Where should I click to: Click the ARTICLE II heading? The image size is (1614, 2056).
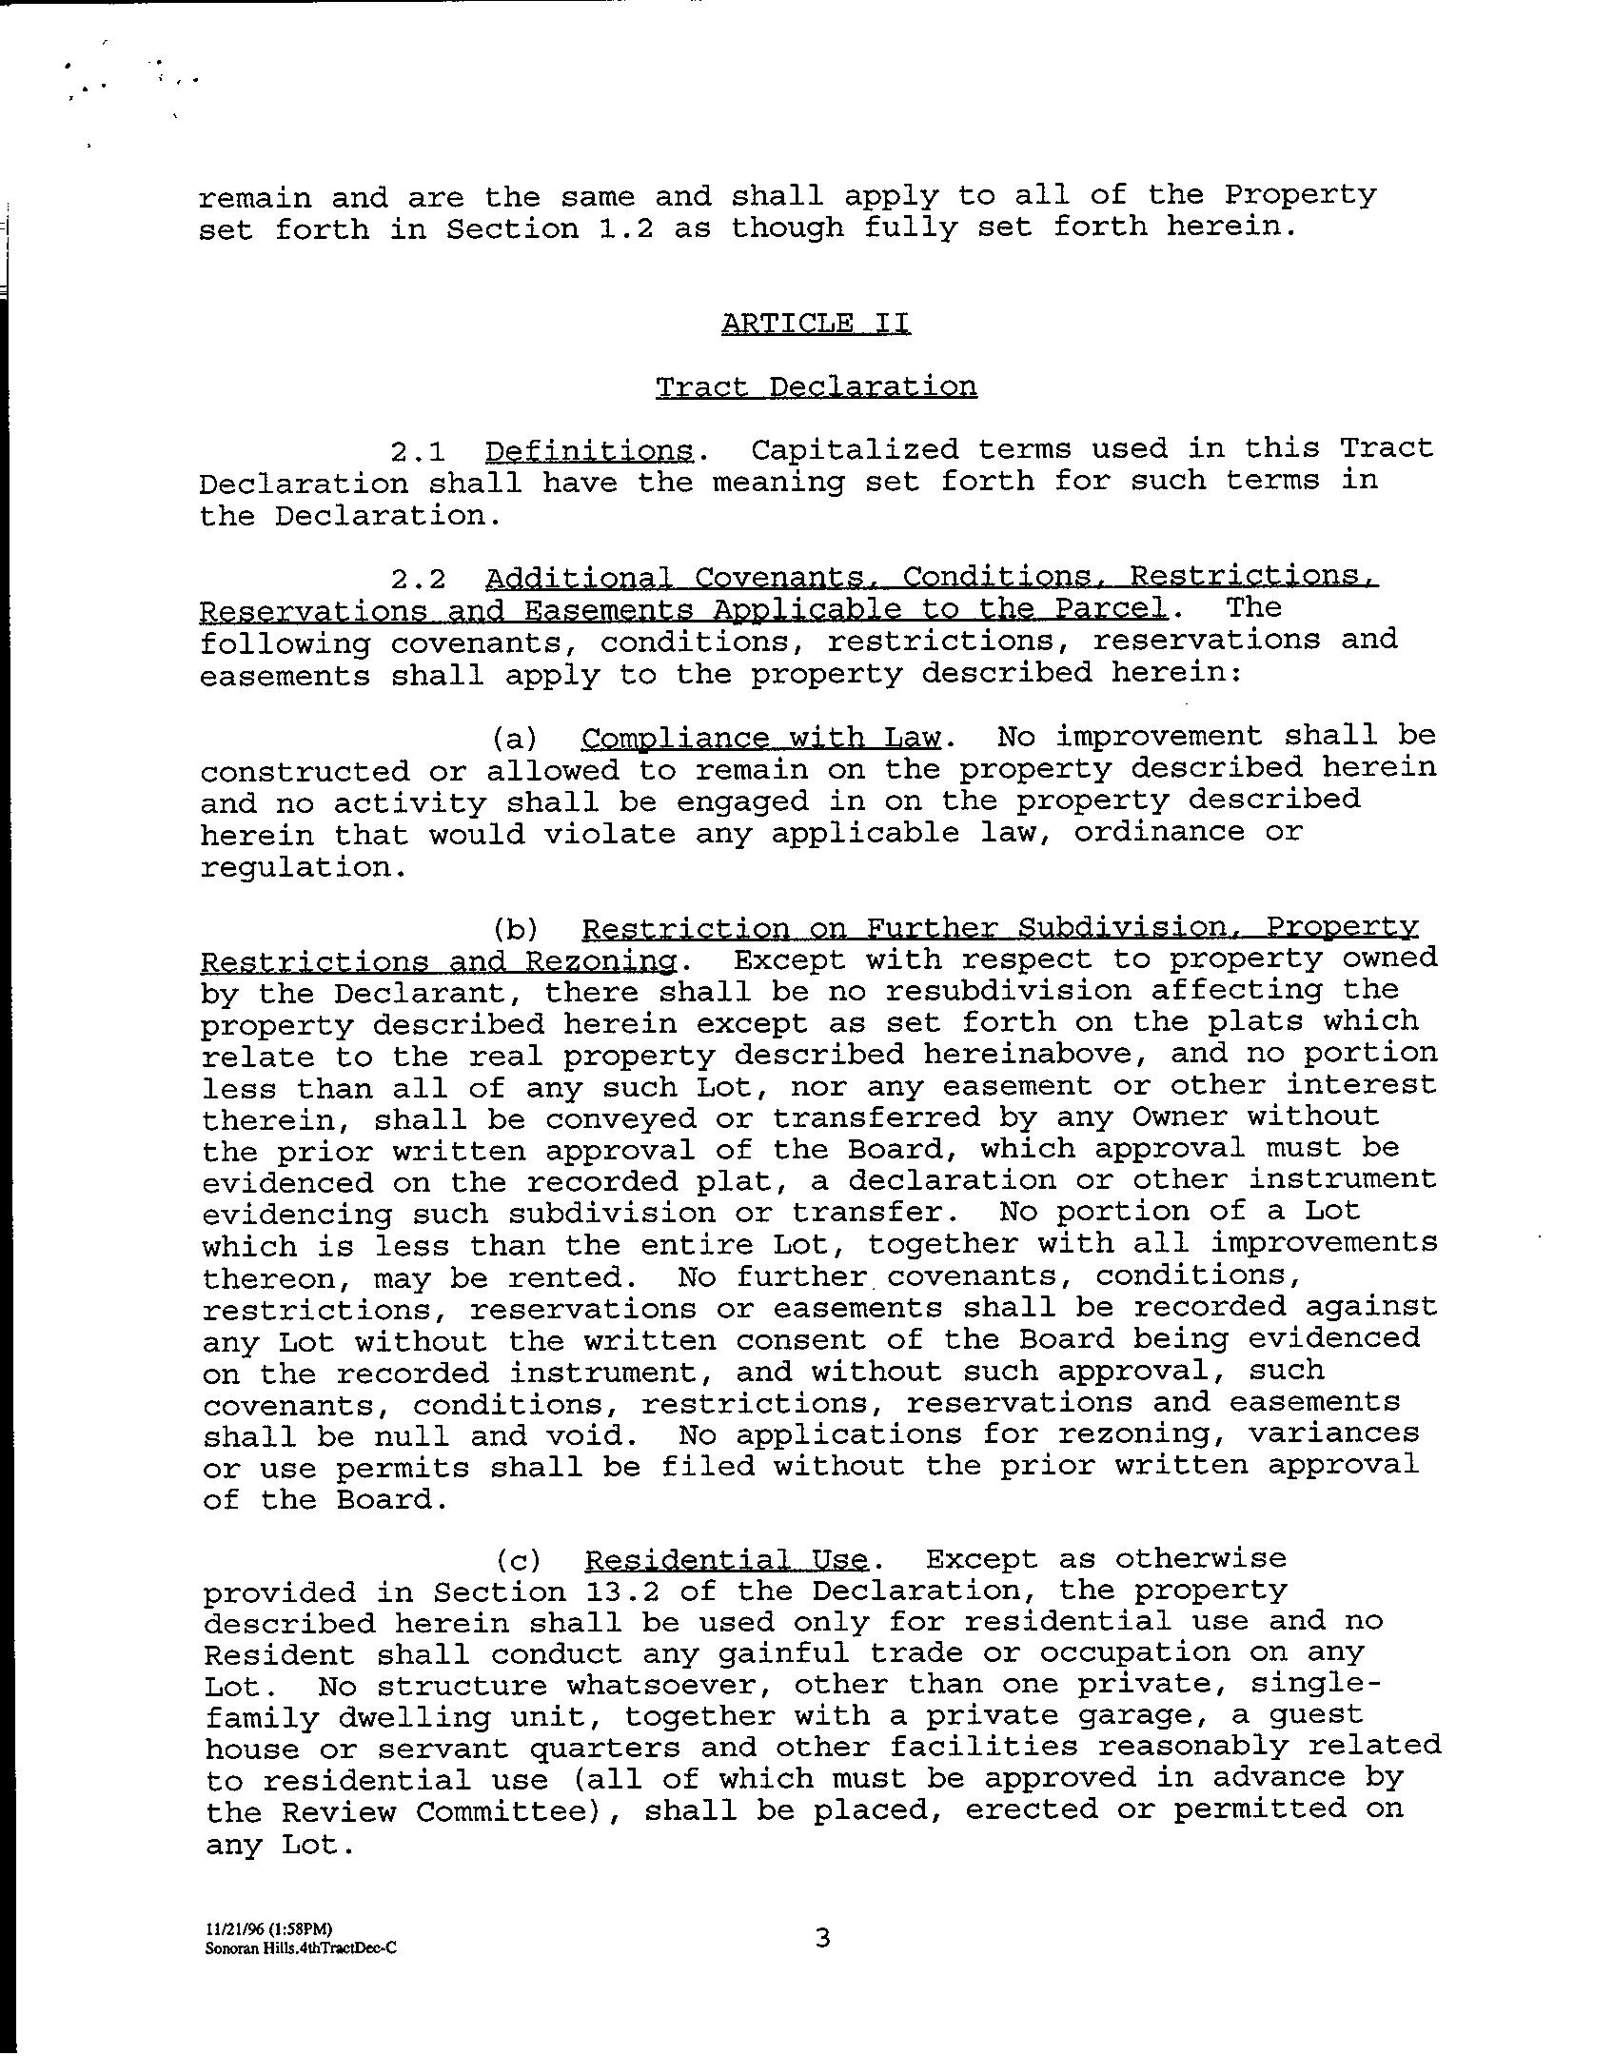point(816,324)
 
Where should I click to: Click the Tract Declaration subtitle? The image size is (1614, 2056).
point(816,387)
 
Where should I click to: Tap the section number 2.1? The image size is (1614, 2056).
point(418,450)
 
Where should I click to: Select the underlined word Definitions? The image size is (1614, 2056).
point(589,450)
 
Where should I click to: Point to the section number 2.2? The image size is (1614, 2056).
point(418,579)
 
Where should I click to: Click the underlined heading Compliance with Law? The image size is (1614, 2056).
point(760,738)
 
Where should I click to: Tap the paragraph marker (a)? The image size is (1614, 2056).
point(515,739)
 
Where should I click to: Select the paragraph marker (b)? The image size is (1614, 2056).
point(515,929)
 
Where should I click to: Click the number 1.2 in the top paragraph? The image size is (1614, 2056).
point(625,229)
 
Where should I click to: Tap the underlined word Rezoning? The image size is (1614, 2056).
point(600,961)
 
